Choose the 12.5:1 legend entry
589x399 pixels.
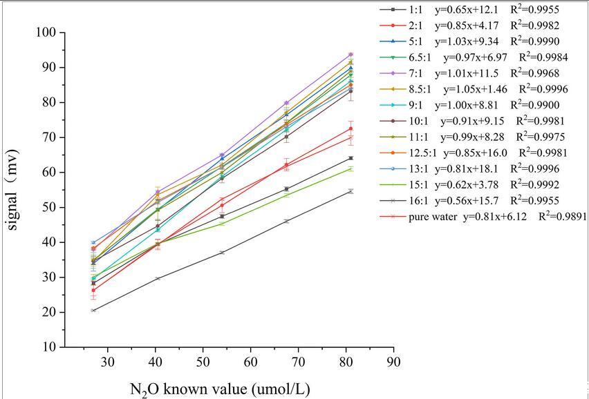coord(420,153)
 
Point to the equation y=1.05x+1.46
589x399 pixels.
coord(469,89)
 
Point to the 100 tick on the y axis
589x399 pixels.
coord(46,32)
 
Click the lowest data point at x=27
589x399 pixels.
coord(93,311)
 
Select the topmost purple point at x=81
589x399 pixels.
coord(350,55)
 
